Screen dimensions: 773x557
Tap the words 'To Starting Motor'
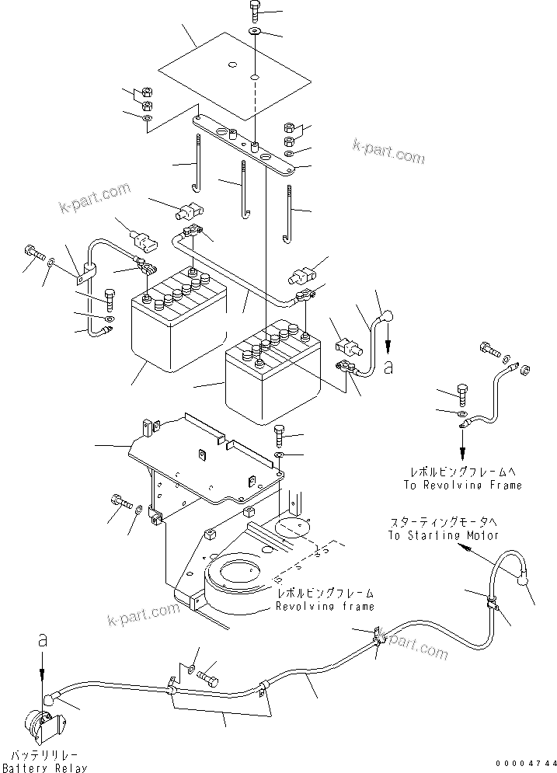click(442, 536)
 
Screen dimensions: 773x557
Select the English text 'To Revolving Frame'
click(462, 485)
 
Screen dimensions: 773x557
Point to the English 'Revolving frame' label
click(325, 606)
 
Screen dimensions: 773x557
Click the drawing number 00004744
click(525, 765)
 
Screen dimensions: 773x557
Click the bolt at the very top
click(256, 11)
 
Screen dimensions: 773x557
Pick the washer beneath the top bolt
click(256, 32)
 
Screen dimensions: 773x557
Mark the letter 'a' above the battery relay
click(43, 640)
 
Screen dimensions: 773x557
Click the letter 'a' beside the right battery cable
click(388, 366)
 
